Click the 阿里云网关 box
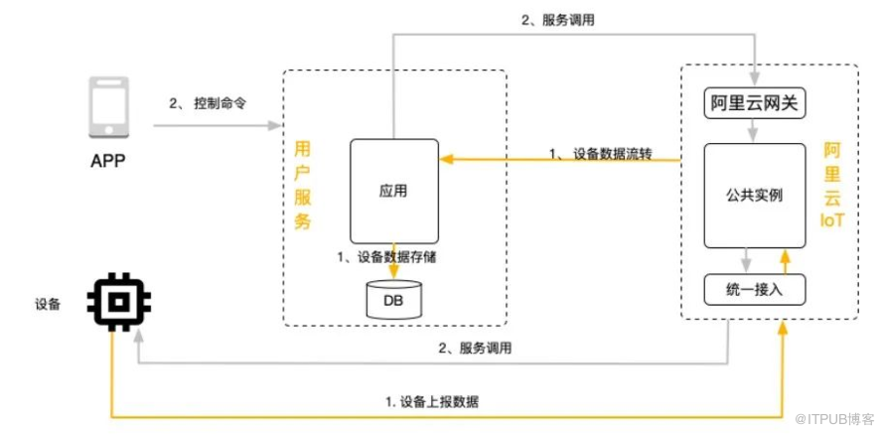755,103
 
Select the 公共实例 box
754,195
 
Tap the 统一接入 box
754,288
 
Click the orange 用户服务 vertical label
303,185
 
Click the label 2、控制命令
207,103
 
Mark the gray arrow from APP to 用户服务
214,126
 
